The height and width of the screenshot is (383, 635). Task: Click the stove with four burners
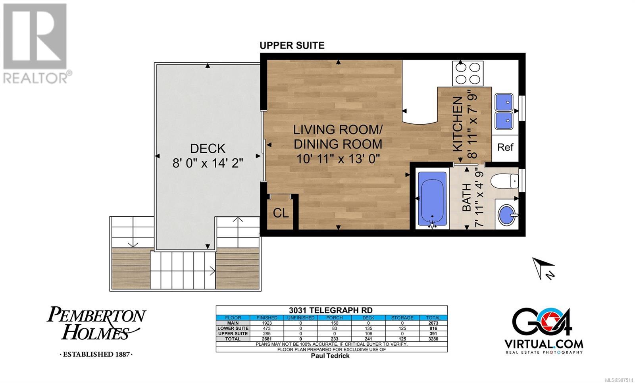[x=468, y=73]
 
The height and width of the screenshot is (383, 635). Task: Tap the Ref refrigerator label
[x=505, y=147]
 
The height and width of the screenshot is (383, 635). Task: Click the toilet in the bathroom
[x=505, y=181]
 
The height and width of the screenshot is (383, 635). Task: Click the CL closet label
[x=281, y=213]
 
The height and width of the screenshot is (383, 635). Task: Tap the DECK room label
[x=208, y=148]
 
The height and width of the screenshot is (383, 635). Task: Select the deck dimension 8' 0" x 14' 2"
[x=208, y=163]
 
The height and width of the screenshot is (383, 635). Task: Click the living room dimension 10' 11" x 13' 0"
[x=338, y=159]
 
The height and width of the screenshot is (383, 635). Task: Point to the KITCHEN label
[x=458, y=124]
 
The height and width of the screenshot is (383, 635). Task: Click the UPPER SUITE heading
[x=292, y=45]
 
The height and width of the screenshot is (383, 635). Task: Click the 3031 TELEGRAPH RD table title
[x=331, y=310]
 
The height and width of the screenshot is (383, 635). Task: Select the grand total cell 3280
[x=433, y=339]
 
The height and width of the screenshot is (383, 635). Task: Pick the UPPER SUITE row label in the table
[x=233, y=334]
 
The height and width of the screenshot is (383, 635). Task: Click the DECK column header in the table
[x=368, y=318]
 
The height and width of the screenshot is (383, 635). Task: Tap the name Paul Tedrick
[x=330, y=356]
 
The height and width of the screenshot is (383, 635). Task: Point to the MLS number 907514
[x=619, y=380]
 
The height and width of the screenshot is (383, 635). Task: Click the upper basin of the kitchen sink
[x=504, y=102]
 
